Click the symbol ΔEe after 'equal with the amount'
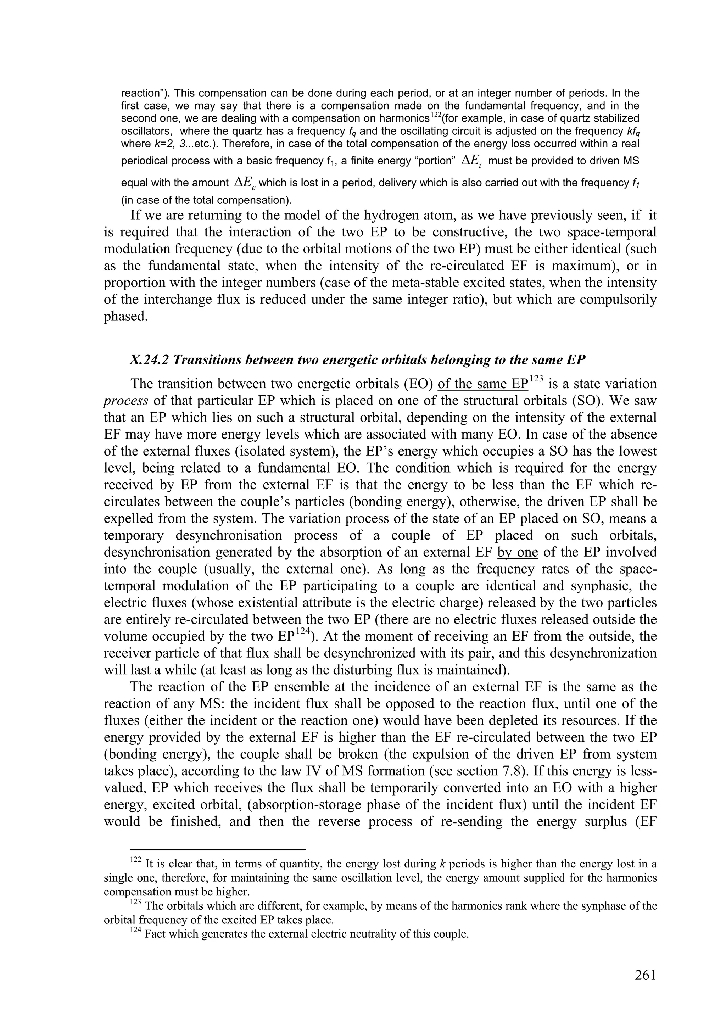pyautogui.click(x=245, y=183)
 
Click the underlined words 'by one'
pyautogui.click(x=518, y=552)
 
